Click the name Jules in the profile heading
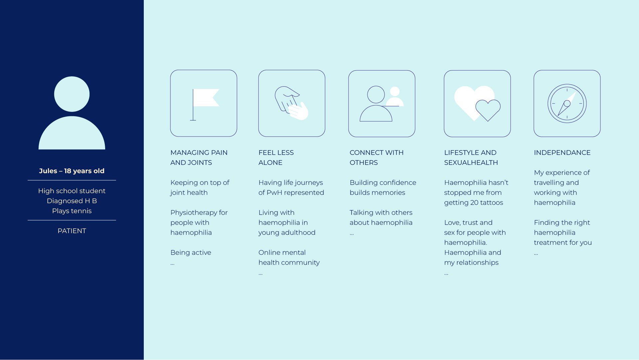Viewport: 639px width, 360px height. pos(48,171)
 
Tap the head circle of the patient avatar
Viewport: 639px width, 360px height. pos(72,94)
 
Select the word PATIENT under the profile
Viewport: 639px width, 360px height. pos(72,231)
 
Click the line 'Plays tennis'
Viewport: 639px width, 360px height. pos(72,211)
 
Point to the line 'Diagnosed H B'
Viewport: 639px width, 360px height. pos(72,201)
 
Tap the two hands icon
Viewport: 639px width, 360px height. pos(292,103)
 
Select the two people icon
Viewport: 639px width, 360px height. pos(382,104)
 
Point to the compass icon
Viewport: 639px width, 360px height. pos(567,104)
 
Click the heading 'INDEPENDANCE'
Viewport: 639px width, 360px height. pos(562,153)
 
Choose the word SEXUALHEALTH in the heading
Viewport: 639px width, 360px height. pos(471,163)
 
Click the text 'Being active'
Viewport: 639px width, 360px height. pos(191,252)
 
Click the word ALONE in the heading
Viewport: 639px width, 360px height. pos(270,163)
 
